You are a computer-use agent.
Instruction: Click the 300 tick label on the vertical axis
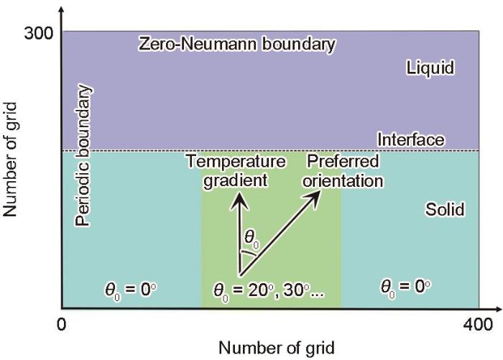(x=38, y=33)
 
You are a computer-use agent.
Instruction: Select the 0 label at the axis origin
(x=61, y=325)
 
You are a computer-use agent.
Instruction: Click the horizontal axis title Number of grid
(x=277, y=348)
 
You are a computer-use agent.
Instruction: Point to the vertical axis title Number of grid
(x=9, y=160)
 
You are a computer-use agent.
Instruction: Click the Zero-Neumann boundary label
(x=236, y=44)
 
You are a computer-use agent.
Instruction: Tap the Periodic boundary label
(x=83, y=155)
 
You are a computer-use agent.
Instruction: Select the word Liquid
(x=430, y=68)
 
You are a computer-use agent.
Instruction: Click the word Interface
(x=411, y=139)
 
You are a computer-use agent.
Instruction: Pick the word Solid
(x=445, y=210)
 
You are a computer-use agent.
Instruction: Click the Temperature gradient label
(x=236, y=171)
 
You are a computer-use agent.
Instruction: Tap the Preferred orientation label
(x=343, y=171)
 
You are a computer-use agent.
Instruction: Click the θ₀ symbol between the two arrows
(x=251, y=239)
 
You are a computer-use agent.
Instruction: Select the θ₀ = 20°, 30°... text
(x=269, y=292)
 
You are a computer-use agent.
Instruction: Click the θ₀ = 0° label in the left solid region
(x=131, y=291)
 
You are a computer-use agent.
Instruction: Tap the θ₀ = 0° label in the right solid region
(x=405, y=287)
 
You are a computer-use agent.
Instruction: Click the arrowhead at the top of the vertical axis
(x=62, y=10)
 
